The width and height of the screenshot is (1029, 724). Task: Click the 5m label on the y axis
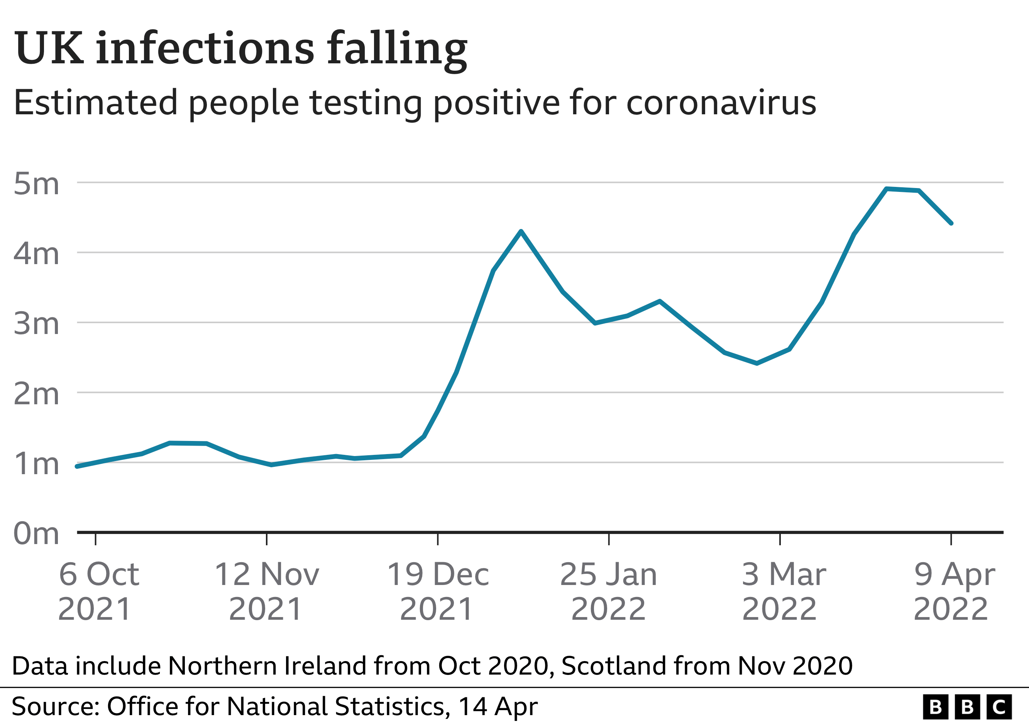click(x=36, y=184)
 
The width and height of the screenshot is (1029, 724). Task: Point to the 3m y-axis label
click(x=36, y=324)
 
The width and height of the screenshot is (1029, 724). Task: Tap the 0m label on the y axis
click(x=36, y=534)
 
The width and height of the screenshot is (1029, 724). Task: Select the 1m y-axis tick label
click(x=36, y=464)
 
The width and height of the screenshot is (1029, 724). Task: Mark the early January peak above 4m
click(x=521, y=231)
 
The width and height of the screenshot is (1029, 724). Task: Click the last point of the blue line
click(x=951, y=223)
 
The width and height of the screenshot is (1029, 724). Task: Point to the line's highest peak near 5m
click(x=887, y=189)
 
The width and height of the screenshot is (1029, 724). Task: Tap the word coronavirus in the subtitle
click(x=721, y=103)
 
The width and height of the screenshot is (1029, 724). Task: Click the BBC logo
click(x=967, y=707)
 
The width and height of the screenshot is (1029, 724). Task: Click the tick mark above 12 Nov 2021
click(x=267, y=539)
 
